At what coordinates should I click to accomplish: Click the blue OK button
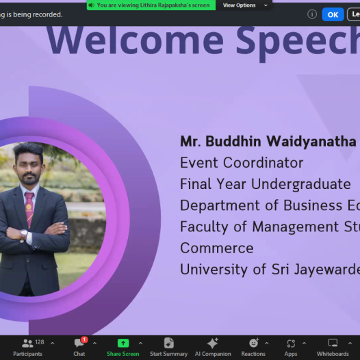tap(333, 14)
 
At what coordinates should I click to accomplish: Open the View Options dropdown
tap(245, 5)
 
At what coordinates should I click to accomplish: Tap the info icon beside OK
tap(312, 14)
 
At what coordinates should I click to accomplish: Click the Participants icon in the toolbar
tap(27, 344)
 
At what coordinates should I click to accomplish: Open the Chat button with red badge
tap(79, 343)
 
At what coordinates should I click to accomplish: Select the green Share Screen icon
tap(123, 344)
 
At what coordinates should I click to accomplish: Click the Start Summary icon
tap(169, 343)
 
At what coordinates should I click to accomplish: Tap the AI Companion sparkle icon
tap(213, 343)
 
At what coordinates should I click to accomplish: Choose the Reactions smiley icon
tap(254, 343)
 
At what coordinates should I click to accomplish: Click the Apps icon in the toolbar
tap(291, 344)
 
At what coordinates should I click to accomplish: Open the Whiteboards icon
tap(333, 343)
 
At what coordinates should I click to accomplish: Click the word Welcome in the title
tap(135, 40)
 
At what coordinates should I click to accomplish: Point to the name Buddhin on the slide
tap(233, 141)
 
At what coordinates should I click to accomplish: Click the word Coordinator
tap(263, 163)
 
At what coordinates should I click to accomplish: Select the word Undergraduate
tap(301, 184)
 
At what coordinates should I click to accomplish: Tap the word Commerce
tap(217, 248)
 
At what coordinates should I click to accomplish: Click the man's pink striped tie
tap(29, 209)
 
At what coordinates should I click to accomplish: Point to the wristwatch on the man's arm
tap(24, 234)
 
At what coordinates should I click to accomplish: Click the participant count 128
tap(40, 342)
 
